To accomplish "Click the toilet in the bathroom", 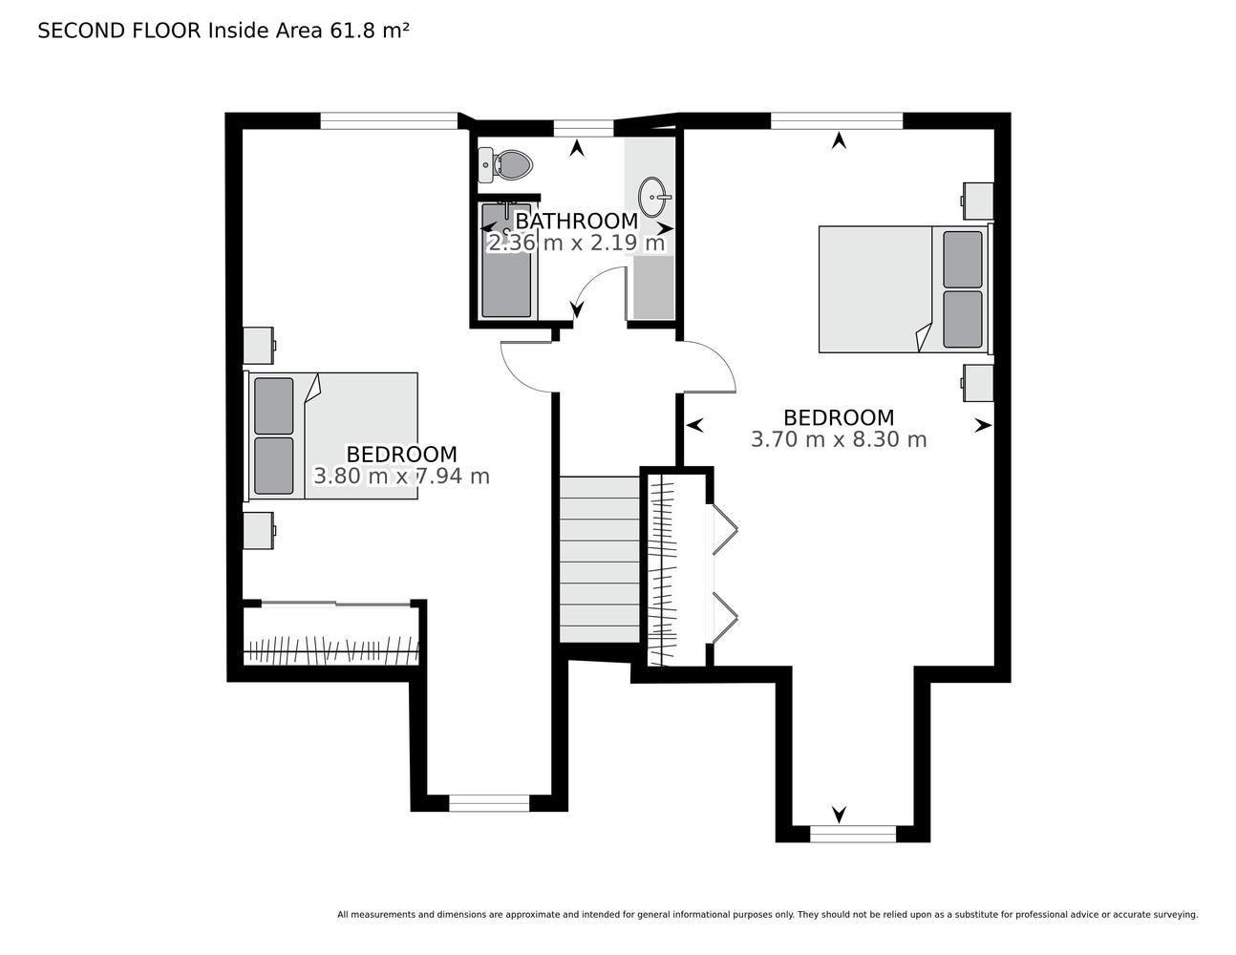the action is point(505,165).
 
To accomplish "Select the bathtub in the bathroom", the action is point(506,261).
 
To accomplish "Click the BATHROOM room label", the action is point(576,221).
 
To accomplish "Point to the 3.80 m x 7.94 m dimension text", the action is point(401,476).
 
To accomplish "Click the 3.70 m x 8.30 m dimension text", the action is point(839,439).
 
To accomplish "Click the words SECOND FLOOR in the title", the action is point(119,31).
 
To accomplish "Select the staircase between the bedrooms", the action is point(600,560).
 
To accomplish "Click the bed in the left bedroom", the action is point(331,436).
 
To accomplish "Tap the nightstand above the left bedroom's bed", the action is point(259,345).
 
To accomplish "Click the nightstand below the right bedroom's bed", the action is point(978,383).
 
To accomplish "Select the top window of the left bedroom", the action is point(389,121).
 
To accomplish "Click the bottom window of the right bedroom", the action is point(853,834).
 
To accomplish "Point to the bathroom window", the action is point(584,129).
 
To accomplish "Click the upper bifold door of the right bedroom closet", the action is point(726,529).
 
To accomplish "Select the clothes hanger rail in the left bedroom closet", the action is point(331,649).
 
